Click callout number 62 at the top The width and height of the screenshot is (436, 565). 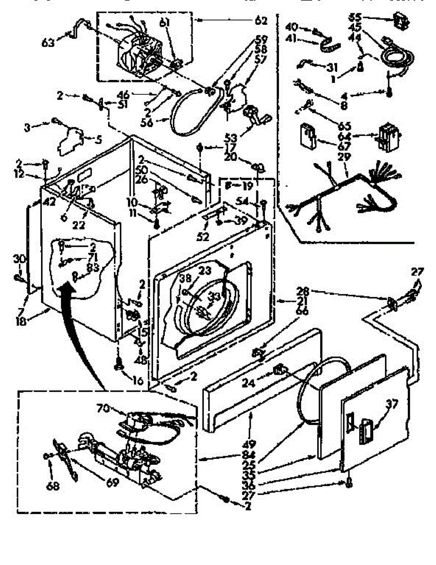click(260, 20)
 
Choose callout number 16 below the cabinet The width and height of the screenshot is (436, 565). click(138, 380)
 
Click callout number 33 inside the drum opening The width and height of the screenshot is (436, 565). click(214, 297)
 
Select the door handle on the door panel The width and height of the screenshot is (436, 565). click(366, 430)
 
